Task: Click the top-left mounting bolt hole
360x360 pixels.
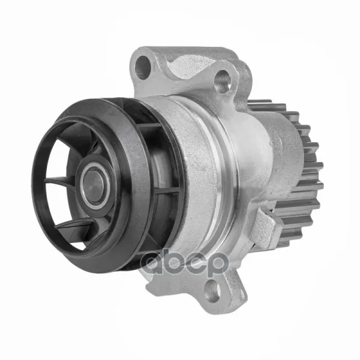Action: pos(143,67)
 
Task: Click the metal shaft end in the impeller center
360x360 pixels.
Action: pos(94,185)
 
